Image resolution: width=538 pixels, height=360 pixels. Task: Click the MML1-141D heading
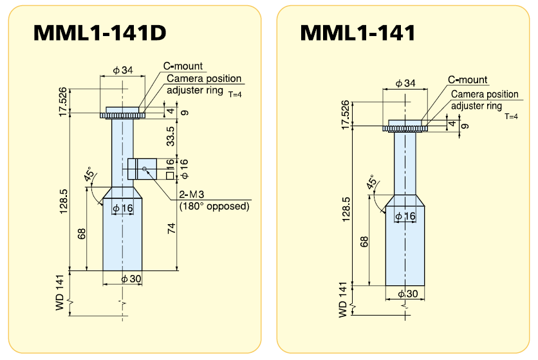tap(100, 33)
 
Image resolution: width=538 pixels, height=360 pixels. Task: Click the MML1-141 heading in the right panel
tap(358, 33)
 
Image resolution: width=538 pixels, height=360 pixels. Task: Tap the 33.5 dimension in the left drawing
tap(171, 136)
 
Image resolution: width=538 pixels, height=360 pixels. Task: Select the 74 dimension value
tap(171, 229)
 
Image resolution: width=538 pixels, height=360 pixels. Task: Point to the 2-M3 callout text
tap(192, 194)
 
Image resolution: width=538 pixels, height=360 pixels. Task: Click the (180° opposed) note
tap(214, 206)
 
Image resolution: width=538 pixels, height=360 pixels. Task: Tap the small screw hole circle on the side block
tap(144, 169)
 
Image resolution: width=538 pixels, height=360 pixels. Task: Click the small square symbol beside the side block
tap(170, 176)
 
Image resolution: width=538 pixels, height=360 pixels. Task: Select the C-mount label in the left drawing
tap(183, 66)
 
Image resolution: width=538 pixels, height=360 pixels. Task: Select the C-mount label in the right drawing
tap(468, 80)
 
